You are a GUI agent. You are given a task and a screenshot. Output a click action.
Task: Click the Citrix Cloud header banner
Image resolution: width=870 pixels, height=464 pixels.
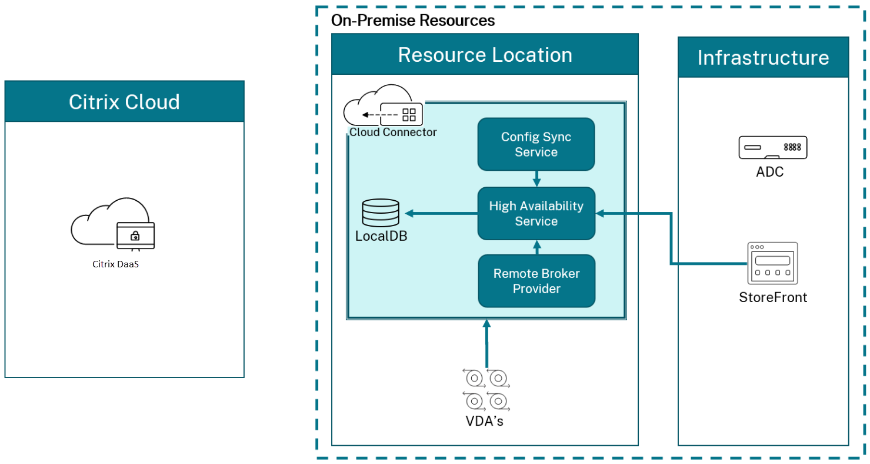click(124, 102)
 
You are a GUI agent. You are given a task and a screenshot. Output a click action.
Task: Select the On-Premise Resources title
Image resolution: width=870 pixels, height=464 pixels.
click(413, 21)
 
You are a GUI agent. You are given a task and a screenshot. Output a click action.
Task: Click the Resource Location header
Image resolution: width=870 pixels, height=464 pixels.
click(485, 54)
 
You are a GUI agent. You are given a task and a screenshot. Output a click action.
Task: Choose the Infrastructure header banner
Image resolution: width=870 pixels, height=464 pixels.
click(763, 57)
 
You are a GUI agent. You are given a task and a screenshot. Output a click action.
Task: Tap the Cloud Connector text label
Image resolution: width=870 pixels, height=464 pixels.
click(393, 132)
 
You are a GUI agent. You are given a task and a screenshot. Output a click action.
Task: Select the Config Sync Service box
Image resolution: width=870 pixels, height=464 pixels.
click(536, 144)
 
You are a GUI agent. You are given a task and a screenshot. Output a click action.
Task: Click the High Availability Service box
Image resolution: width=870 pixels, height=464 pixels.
click(536, 213)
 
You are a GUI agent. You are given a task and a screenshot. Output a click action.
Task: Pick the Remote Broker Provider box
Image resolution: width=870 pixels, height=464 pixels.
click(536, 281)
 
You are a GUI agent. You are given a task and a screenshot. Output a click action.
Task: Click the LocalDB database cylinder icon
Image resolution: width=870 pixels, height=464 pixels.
click(381, 213)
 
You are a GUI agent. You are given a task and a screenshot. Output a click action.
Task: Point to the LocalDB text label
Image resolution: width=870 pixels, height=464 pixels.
click(381, 236)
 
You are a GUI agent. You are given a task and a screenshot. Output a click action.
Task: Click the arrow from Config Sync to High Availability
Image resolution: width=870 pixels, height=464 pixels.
click(536, 178)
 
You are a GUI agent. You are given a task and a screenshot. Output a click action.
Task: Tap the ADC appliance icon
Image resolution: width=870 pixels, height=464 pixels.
click(772, 147)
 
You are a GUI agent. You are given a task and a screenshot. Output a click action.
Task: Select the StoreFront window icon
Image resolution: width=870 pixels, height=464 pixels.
click(772, 263)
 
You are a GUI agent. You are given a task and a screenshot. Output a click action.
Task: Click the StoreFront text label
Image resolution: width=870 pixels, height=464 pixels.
click(772, 297)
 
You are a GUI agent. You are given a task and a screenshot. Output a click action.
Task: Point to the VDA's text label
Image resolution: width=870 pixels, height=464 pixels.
click(486, 422)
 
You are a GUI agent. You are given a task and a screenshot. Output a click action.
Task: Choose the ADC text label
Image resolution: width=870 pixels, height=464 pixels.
click(770, 172)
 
